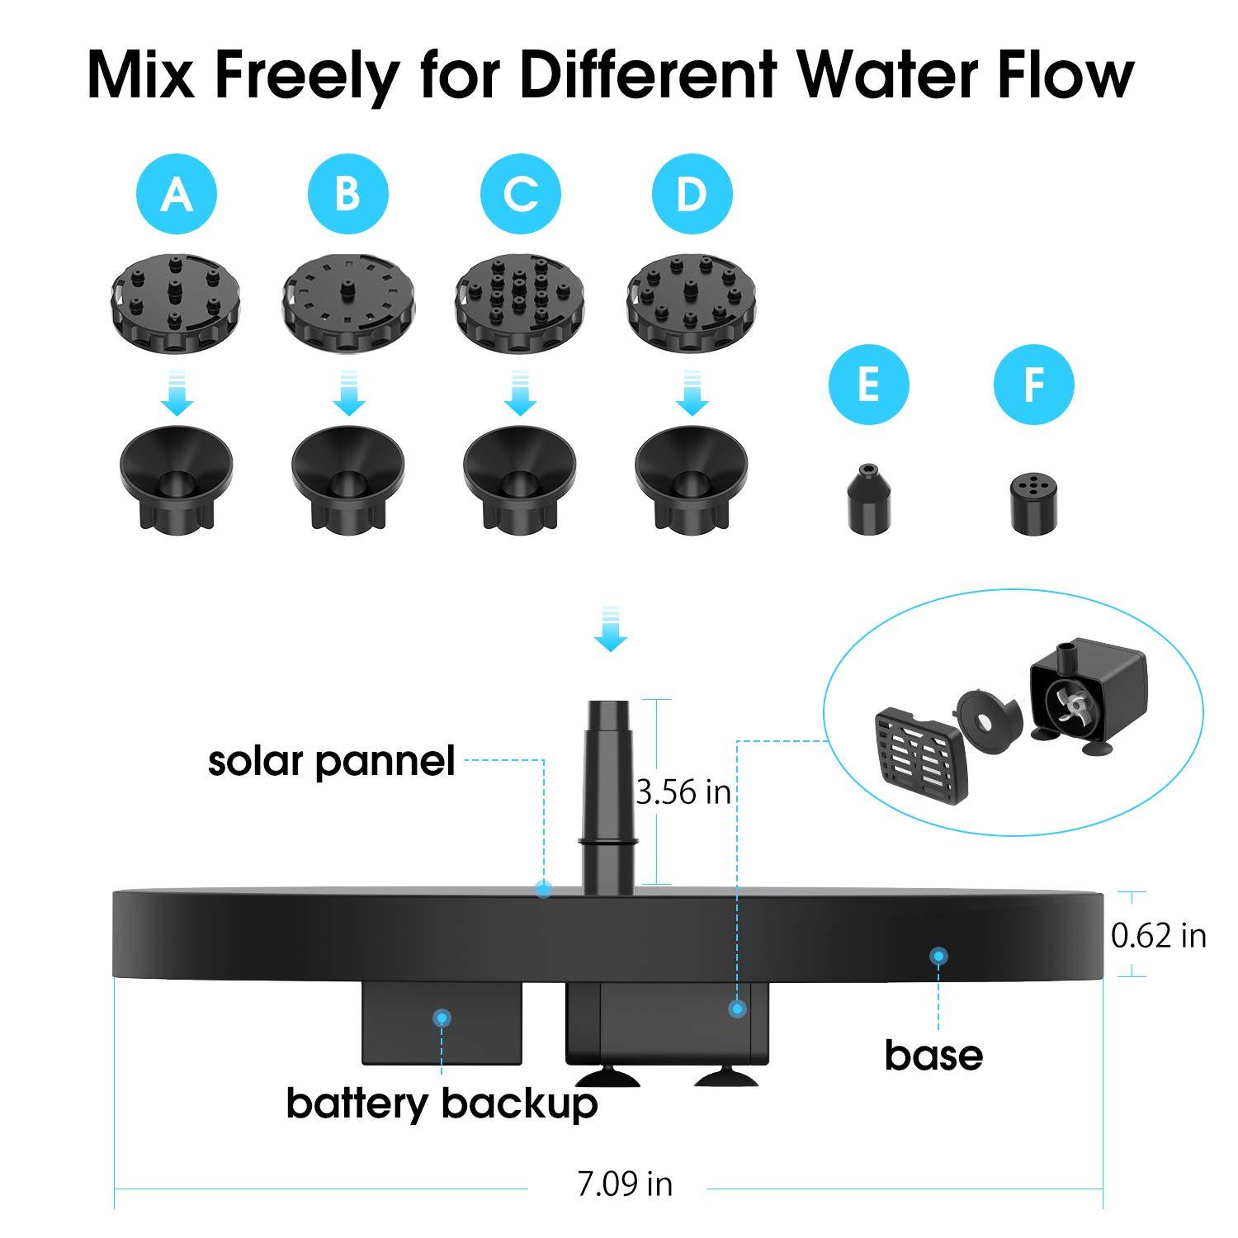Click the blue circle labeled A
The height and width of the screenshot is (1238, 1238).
pos(176,195)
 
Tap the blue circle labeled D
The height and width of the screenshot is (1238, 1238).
pos(692,195)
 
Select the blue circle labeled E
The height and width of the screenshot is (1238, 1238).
pos(868,385)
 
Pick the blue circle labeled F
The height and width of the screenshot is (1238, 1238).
pos(1033,385)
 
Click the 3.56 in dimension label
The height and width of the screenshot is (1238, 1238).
pos(683,792)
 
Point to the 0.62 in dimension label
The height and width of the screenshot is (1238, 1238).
pos(1158,935)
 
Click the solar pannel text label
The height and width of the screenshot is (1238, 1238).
pos(331,761)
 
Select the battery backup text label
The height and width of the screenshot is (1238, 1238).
pos(442,1103)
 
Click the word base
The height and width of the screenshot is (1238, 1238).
pos(933,1056)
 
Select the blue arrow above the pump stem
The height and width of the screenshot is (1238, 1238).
pos(610,629)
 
